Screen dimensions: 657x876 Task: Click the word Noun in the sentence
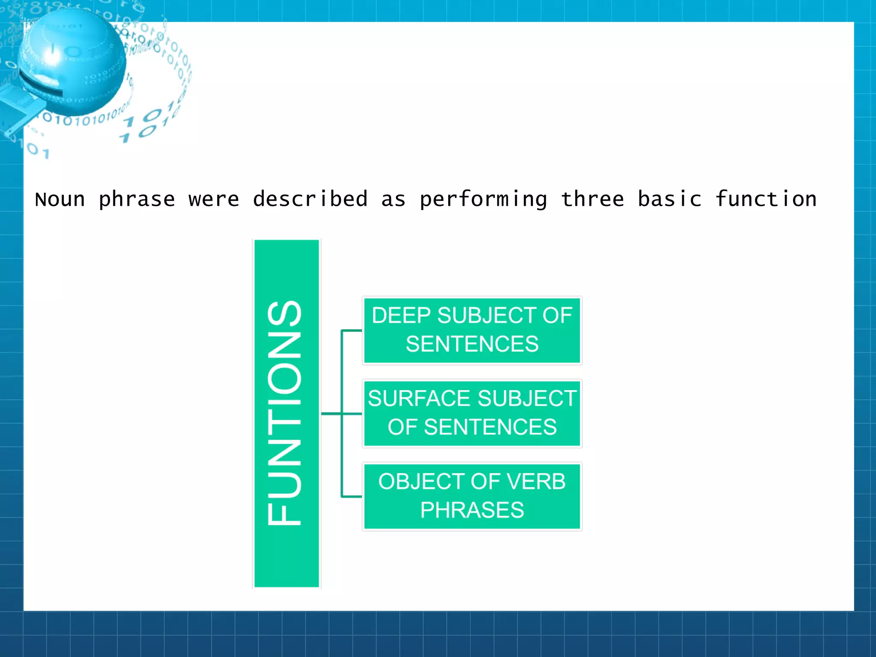coord(60,200)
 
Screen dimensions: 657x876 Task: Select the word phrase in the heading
coord(137,200)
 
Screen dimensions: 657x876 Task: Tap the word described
coord(310,199)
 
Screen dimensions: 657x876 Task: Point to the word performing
coord(483,200)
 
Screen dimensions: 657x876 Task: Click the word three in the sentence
coord(592,199)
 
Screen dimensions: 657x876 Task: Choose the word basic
coord(669,199)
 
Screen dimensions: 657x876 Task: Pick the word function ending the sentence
coord(766,199)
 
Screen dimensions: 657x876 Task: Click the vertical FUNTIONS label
coord(286,413)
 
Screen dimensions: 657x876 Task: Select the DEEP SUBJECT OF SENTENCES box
coord(472,330)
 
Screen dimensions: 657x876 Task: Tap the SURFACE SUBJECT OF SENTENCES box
coord(472,413)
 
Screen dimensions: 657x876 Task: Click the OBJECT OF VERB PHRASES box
coord(472,496)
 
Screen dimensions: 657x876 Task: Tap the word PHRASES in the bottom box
coord(472,510)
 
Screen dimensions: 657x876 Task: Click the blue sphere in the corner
coord(73,62)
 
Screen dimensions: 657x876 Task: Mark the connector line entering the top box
coord(352,330)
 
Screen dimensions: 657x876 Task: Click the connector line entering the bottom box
coord(352,496)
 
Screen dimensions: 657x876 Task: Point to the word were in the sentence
coord(214,200)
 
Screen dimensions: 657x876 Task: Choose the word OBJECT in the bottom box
coord(410,482)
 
